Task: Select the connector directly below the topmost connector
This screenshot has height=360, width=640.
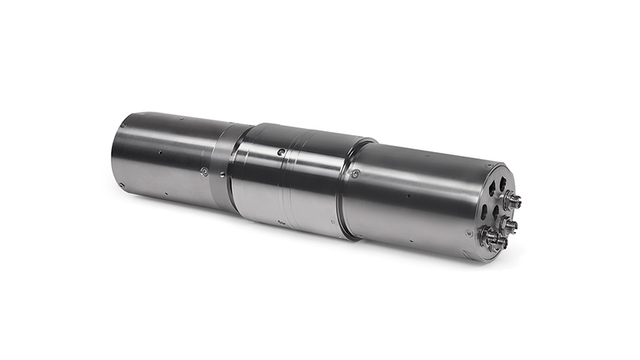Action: pos(511,224)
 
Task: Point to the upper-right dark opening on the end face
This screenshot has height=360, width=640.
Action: pos(502,184)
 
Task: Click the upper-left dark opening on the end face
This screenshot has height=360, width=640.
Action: pos(491,188)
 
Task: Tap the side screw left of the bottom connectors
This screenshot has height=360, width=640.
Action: pos(469,232)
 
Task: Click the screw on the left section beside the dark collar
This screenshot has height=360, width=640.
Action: pos(204,171)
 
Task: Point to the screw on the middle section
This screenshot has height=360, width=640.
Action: pos(281,153)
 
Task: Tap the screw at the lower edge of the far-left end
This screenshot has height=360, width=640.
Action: pos(122,184)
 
